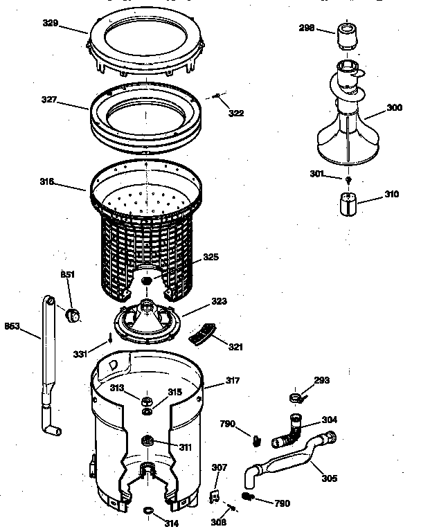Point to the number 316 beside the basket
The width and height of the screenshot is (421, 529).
click(x=48, y=183)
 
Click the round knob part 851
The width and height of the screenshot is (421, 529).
click(x=72, y=315)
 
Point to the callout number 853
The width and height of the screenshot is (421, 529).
click(x=12, y=325)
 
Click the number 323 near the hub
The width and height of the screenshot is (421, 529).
click(x=219, y=302)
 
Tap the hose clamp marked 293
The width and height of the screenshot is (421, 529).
click(x=295, y=397)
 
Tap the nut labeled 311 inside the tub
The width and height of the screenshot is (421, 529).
click(x=147, y=441)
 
